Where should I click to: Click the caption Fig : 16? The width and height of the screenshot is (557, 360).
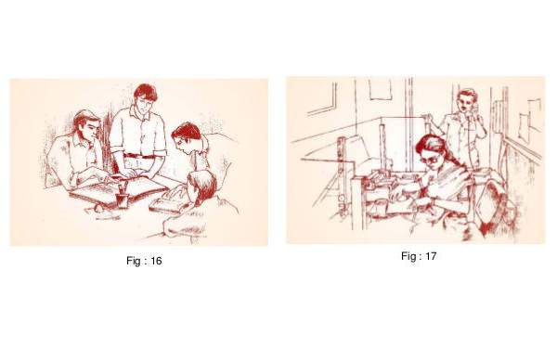(144, 261)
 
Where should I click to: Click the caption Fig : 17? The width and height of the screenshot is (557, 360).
(419, 256)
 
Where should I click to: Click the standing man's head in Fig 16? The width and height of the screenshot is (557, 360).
(146, 96)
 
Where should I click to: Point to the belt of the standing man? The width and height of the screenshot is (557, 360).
(140, 156)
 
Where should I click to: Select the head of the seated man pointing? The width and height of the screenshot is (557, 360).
(87, 124)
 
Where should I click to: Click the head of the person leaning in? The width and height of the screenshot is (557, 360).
(188, 136)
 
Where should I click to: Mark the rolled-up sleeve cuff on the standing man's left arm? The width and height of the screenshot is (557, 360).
(159, 153)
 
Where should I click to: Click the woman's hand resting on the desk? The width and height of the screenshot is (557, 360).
(398, 194)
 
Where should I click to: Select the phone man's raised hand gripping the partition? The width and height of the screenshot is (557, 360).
(430, 118)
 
